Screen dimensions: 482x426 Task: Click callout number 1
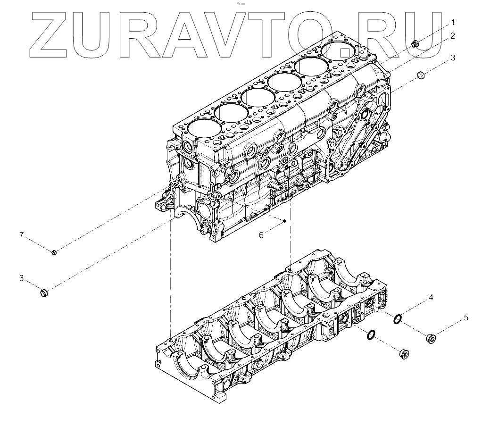453,22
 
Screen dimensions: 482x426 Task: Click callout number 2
453,36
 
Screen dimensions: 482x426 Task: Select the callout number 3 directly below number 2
453,58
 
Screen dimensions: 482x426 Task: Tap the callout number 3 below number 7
22,278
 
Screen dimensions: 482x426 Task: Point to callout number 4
431,298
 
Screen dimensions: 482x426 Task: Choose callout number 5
466,317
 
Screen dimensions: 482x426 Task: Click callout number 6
261,235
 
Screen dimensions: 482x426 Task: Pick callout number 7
22,234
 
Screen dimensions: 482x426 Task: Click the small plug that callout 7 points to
54,253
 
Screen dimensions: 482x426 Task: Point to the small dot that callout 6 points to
284,220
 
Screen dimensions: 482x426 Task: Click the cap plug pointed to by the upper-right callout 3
421,75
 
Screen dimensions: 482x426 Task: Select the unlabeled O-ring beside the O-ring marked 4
371,335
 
